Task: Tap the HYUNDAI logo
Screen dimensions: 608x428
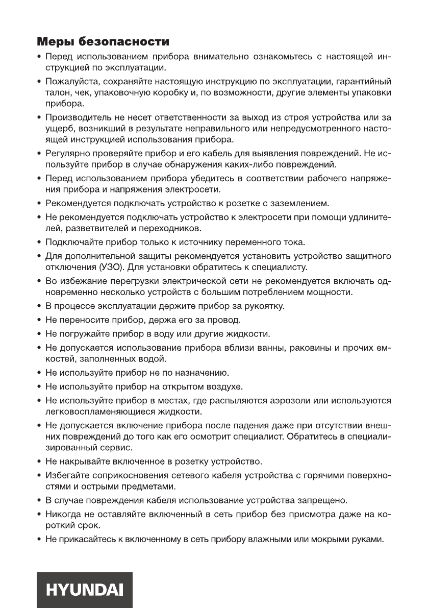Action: [85, 589]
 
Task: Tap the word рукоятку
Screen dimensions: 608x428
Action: [257, 306]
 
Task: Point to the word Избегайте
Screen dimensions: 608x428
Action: [64, 475]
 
